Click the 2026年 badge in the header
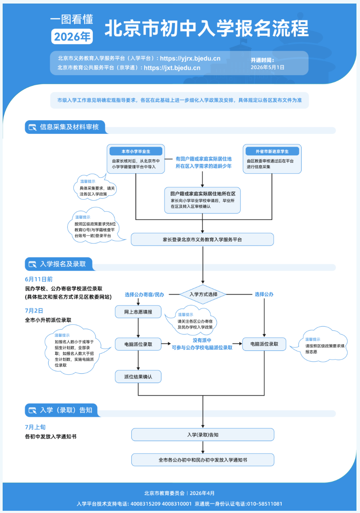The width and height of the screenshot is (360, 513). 72,37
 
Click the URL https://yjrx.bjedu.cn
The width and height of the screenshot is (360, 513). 190,59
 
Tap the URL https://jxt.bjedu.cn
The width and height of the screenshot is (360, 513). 172,68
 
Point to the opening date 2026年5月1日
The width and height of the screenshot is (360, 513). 268,68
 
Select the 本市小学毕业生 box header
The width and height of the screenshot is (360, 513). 136,151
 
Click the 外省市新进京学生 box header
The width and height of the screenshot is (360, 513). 272,151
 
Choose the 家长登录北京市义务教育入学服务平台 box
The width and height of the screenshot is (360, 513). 203,239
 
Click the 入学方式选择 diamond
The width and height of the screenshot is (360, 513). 203,294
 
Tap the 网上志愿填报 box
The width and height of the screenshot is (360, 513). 138,312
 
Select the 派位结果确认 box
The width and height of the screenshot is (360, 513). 138,376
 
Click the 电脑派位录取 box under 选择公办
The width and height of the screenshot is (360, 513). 264,344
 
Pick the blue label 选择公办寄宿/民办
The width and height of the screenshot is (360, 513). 145,294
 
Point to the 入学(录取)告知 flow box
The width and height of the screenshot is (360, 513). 203,435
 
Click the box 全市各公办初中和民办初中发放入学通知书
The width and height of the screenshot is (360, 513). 203,460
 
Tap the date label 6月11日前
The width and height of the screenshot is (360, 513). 38,279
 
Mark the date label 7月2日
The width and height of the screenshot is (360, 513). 34,311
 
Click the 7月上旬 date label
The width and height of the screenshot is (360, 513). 35,427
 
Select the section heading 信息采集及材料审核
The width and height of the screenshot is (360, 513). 69,127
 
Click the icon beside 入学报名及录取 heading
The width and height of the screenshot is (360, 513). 32,264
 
